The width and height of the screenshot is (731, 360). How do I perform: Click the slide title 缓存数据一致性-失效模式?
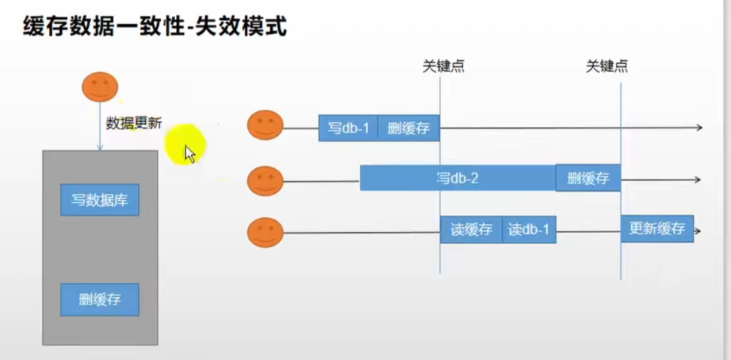point(155,28)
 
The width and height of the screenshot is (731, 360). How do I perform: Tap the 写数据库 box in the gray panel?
point(100,200)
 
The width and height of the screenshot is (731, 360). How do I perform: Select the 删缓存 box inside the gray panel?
point(100,299)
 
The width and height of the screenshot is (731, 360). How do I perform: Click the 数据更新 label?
point(134,124)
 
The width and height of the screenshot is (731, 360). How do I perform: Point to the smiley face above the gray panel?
point(100,86)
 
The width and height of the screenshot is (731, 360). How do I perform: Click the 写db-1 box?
point(348,128)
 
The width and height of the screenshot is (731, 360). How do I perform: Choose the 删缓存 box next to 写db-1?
point(408,128)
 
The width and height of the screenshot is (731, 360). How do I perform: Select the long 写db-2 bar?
point(457,178)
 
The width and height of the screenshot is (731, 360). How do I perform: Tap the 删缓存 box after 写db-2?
point(588,178)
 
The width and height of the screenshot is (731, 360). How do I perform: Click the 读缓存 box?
point(471,229)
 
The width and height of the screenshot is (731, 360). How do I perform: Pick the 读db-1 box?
point(529,229)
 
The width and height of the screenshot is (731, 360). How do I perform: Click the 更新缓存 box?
point(656,229)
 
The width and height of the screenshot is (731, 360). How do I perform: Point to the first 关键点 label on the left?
point(443,66)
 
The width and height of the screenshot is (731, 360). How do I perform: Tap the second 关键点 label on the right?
point(607,66)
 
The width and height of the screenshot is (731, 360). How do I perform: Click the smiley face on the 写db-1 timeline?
point(265,125)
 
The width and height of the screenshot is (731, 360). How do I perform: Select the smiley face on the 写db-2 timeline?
point(265,180)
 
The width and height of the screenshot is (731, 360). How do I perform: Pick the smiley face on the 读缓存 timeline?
point(265,232)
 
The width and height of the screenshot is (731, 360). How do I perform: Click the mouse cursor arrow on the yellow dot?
point(190,153)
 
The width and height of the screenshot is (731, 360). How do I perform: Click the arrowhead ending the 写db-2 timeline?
point(697,180)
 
